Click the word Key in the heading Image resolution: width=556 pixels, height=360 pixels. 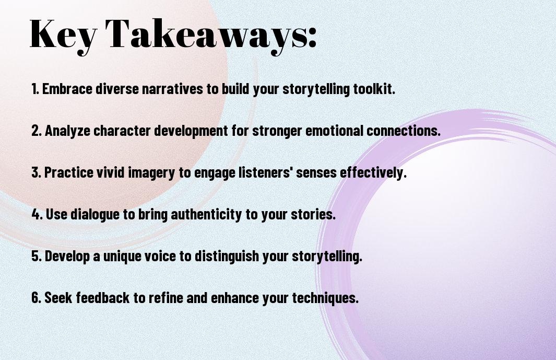(63, 35)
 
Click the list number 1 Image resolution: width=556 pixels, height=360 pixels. (35, 89)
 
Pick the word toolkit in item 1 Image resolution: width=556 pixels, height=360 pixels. (374, 89)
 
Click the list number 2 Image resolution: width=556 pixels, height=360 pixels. (36, 131)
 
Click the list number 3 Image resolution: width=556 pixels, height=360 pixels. (36, 172)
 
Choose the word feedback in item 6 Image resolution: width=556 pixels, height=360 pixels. (102, 297)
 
